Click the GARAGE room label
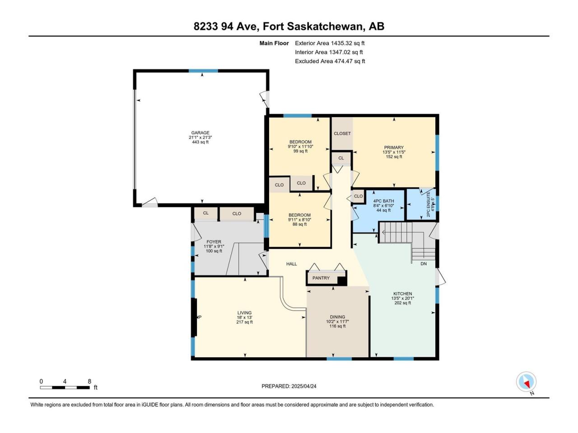[x=200, y=133]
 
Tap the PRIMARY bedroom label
[x=394, y=147]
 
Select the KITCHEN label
[x=403, y=294]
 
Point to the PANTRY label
[x=321, y=278]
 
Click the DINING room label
[x=337, y=317]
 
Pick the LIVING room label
[x=244, y=313]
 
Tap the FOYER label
[x=214, y=242]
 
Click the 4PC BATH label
[x=383, y=201]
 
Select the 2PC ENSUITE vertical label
[x=428, y=204]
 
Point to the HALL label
[x=292, y=264]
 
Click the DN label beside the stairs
[x=424, y=264]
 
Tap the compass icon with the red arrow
[x=526, y=382]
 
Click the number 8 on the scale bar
[x=89, y=381]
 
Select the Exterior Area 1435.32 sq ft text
[x=330, y=43]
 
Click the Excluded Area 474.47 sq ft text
[x=330, y=61]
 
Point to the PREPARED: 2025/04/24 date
[x=289, y=386]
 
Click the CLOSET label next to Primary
[x=342, y=134]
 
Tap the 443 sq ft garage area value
[x=200, y=142]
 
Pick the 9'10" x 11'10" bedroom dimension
[x=300, y=147]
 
